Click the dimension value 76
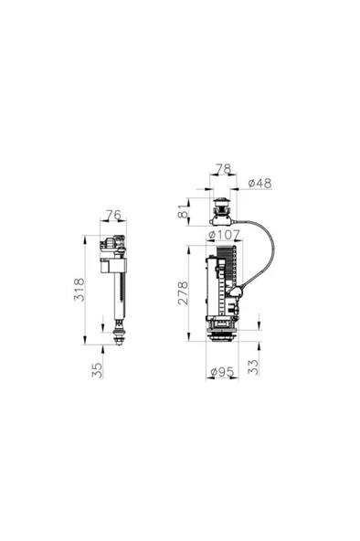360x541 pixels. pyautogui.click(x=113, y=216)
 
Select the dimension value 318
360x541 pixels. pyautogui.click(x=80, y=290)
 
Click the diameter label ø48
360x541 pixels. pyautogui.click(x=259, y=185)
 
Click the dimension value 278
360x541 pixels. pyautogui.click(x=183, y=293)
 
